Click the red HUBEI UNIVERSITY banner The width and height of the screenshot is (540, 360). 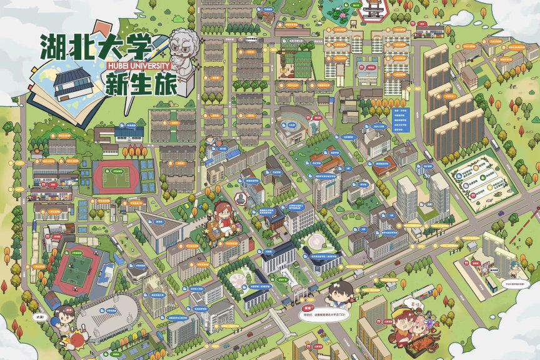[134, 64]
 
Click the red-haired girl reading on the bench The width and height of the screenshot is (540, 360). [223, 216]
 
